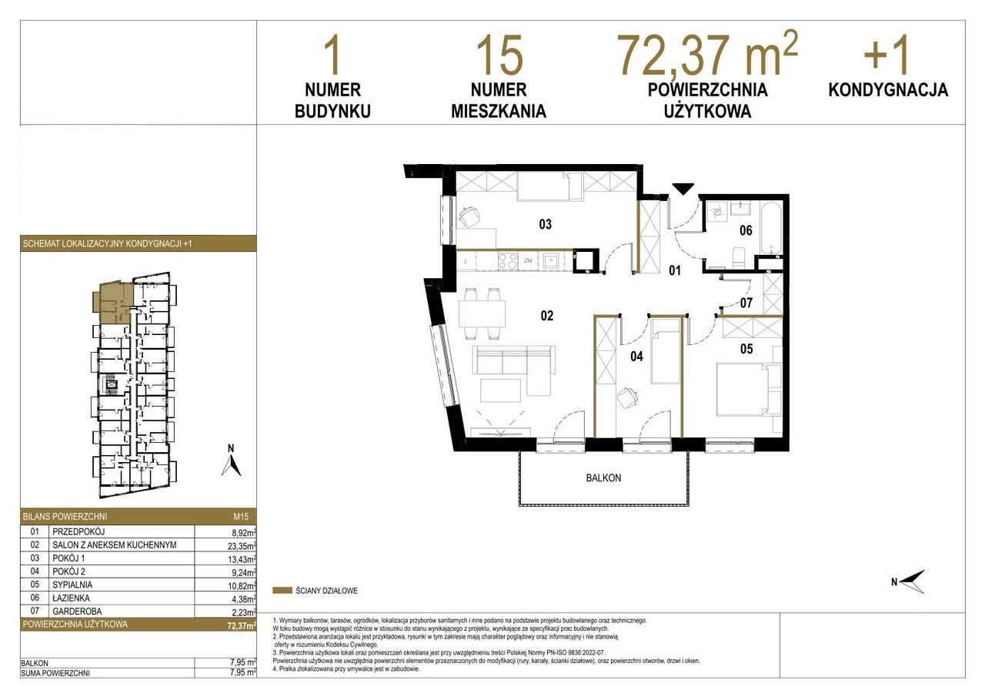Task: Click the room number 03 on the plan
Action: [x=545, y=224]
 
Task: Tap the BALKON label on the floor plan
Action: [x=603, y=478]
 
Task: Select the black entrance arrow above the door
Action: [x=683, y=189]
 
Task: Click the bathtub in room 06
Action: [x=771, y=228]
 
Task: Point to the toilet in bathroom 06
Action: [x=736, y=258]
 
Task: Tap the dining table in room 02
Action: [x=482, y=313]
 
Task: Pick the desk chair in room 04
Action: [x=627, y=398]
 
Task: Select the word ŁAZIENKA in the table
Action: [x=71, y=598]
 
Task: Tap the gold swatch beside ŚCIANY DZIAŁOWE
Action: [x=282, y=591]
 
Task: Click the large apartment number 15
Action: [x=499, y=55]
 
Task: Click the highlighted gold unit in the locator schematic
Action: [x=112, y=303]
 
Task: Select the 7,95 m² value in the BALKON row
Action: [x=243, y=663]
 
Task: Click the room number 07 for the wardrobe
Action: [x=746, y=303]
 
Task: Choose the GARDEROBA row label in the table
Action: [x=77, y=612]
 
